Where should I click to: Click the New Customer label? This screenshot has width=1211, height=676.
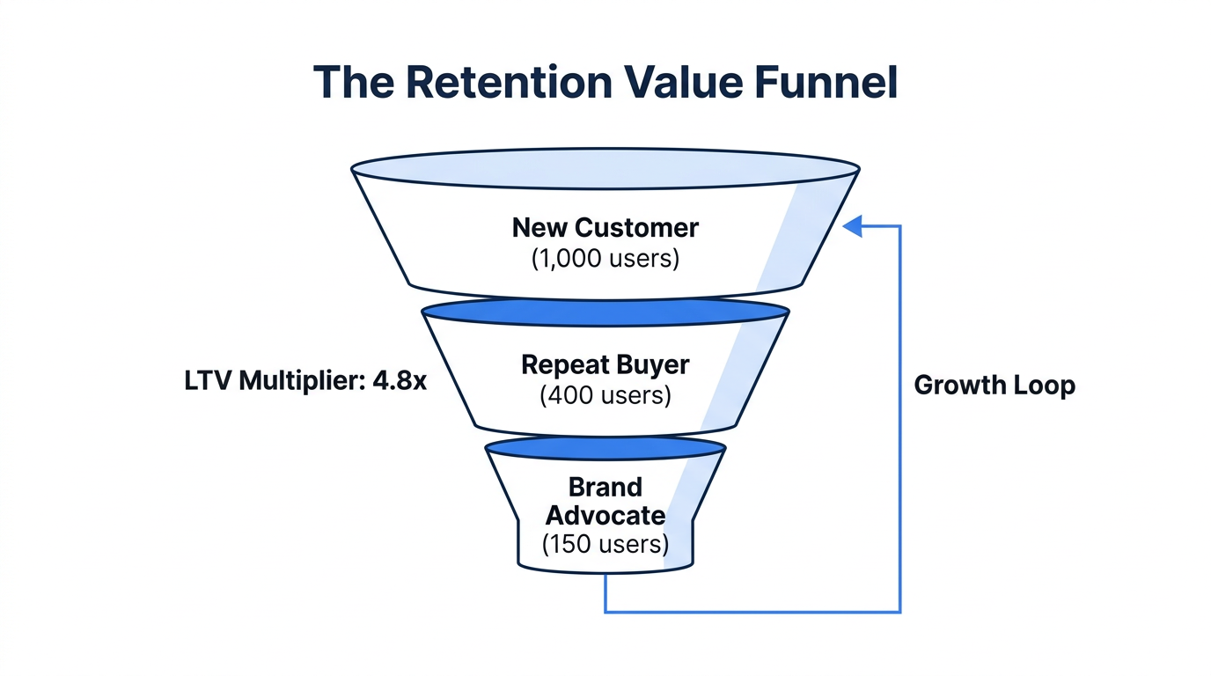click(605, 228)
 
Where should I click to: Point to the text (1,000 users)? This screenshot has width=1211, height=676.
click(605, 260)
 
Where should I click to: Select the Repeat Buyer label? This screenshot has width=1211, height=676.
click(605, 364)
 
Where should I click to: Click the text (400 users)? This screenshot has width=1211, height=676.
click(605, 395)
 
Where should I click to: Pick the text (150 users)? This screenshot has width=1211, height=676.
click(605, 544)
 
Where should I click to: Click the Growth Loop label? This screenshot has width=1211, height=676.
click(994, 385)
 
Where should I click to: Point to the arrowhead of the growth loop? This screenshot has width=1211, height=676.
click(851, 226)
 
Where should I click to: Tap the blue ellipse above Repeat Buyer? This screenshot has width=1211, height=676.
click(605, 312)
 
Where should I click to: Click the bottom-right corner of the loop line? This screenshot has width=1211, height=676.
click(899, 611)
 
